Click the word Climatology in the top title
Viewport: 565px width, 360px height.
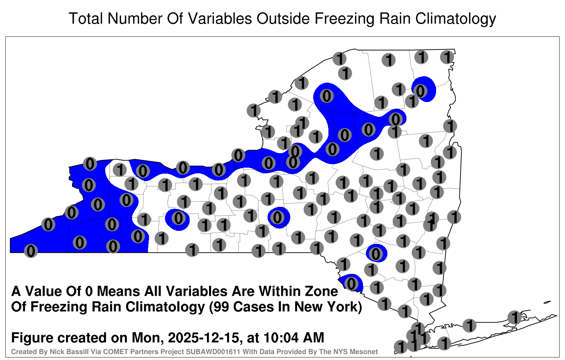(456, 19)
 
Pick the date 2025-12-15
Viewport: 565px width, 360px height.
(203, 337)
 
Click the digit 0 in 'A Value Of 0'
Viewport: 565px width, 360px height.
(89, 292)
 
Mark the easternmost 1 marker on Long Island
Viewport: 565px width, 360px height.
(514, 317)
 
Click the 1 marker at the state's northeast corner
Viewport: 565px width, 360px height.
(447, 57)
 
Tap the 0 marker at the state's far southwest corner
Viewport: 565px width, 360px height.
(31, 251)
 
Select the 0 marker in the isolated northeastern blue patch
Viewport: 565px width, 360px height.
(420, 91)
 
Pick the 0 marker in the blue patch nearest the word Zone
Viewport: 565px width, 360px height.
(351, 284)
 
